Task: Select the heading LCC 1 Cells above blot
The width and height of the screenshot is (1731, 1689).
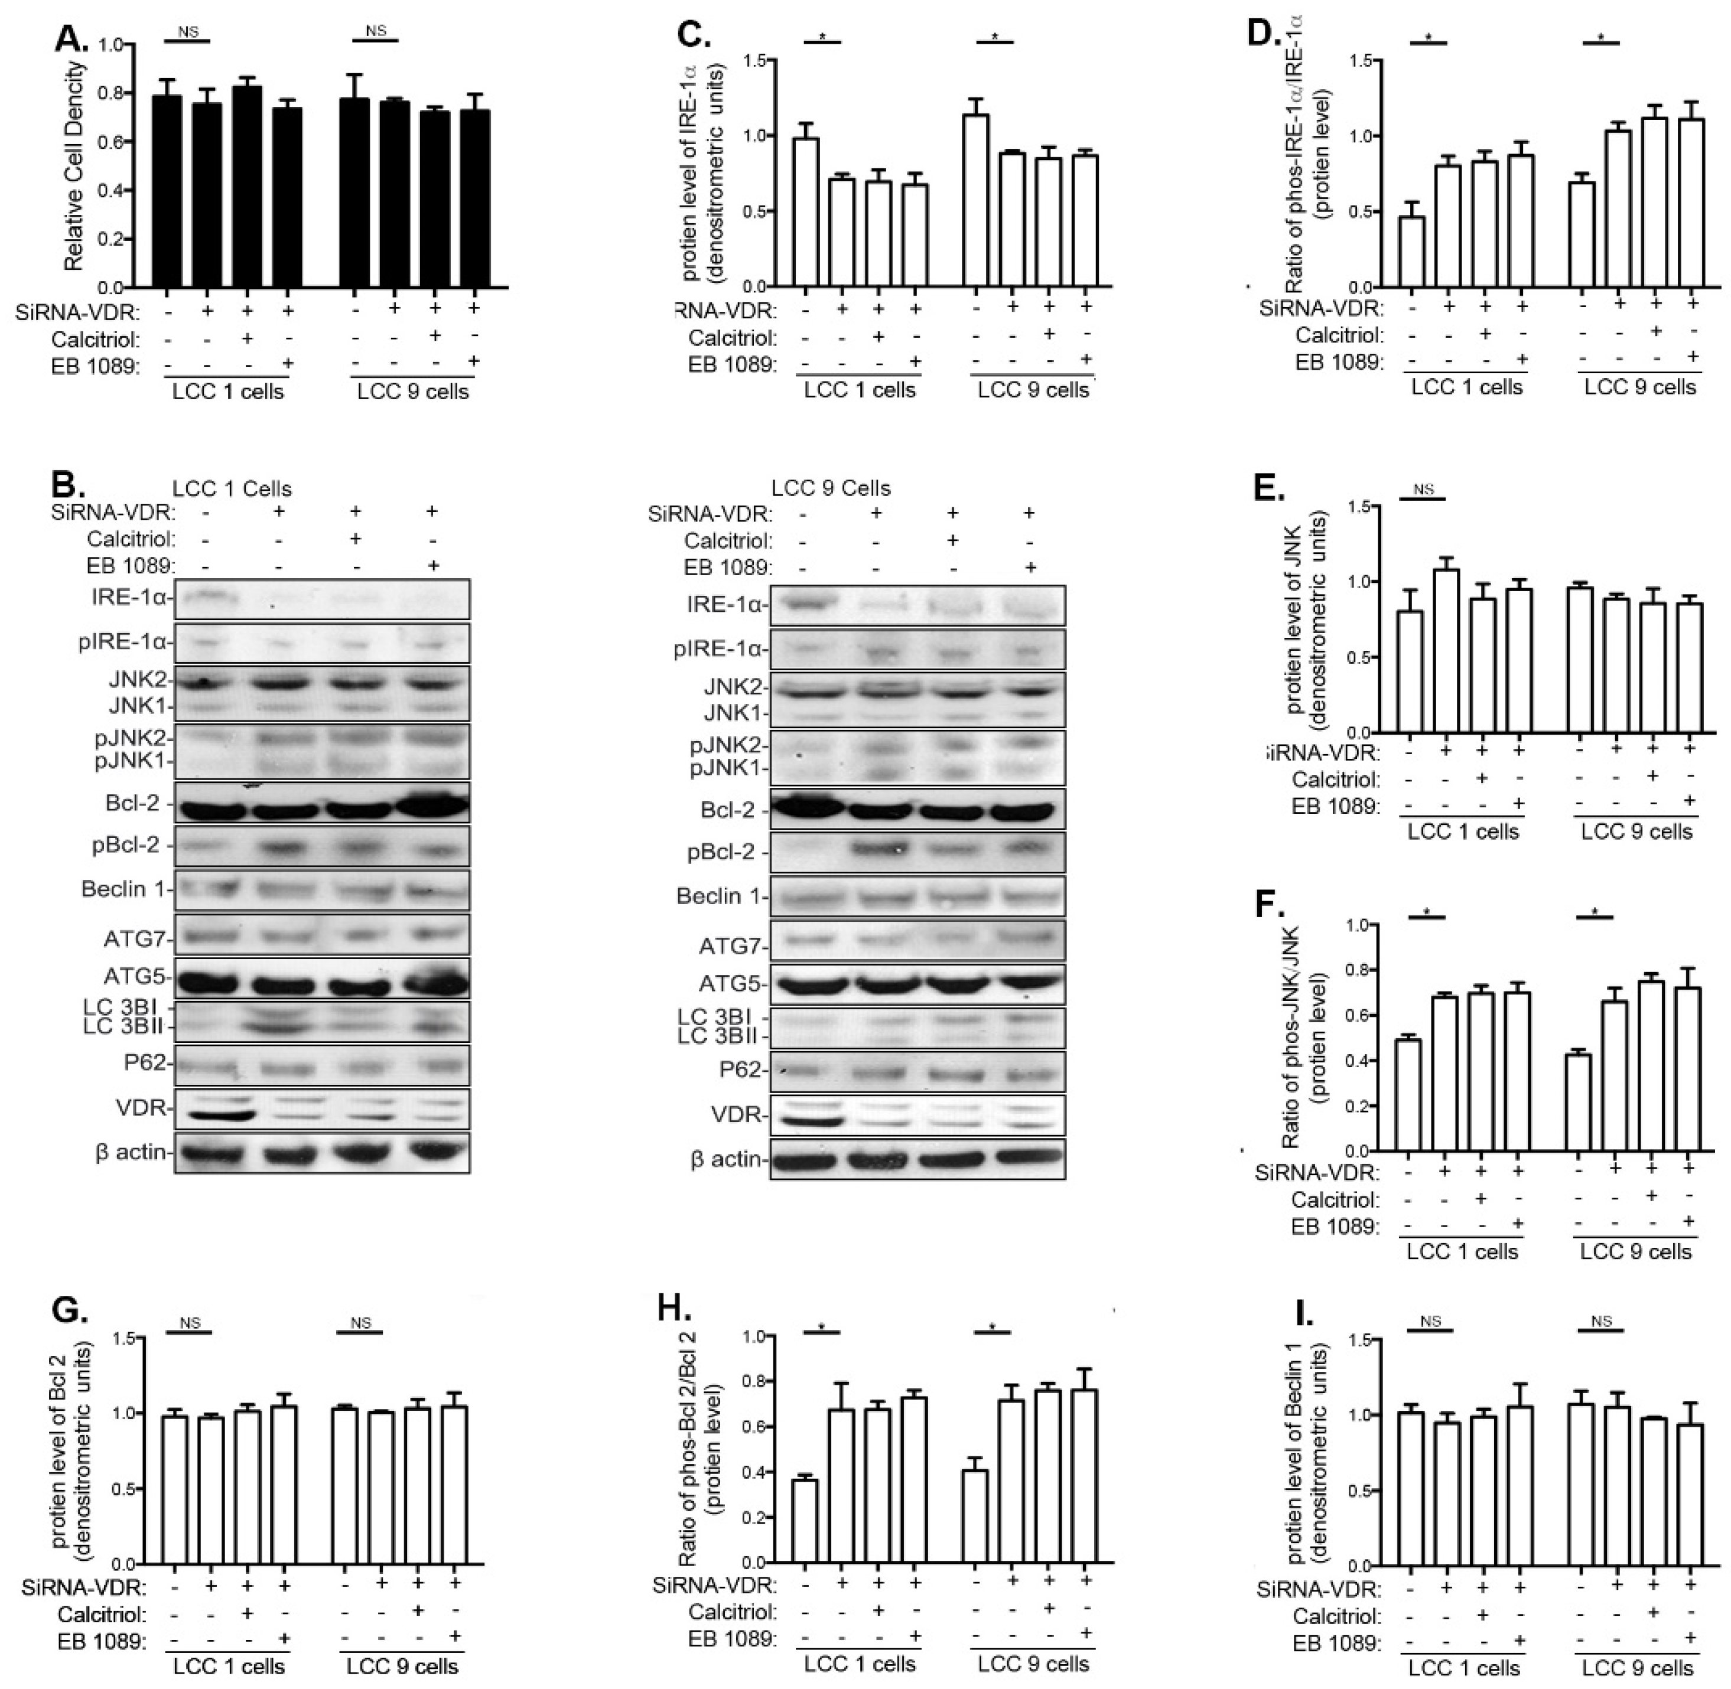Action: [232, 489]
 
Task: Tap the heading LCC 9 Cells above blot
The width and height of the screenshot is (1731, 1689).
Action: [831, 488]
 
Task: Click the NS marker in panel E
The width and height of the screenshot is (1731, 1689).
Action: [1423, 489]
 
